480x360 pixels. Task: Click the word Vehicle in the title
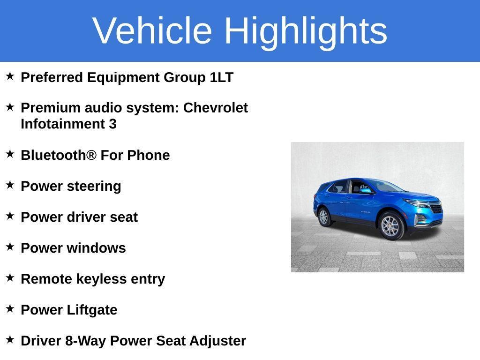pos(152,30)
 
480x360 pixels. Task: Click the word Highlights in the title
pos(306,30)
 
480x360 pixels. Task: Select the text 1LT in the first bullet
pos(221,77)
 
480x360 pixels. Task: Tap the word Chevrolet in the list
pos(215,108)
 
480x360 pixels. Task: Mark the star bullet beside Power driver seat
pos(10,216)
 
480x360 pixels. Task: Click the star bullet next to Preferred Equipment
pos(10,76)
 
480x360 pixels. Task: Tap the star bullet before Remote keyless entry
pos(10,277)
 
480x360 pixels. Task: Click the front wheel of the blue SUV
pos(391,226)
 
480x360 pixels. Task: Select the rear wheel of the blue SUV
pos(323,217)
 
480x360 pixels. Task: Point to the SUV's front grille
pos(435,208)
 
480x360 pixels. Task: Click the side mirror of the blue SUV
pos(365,191)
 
